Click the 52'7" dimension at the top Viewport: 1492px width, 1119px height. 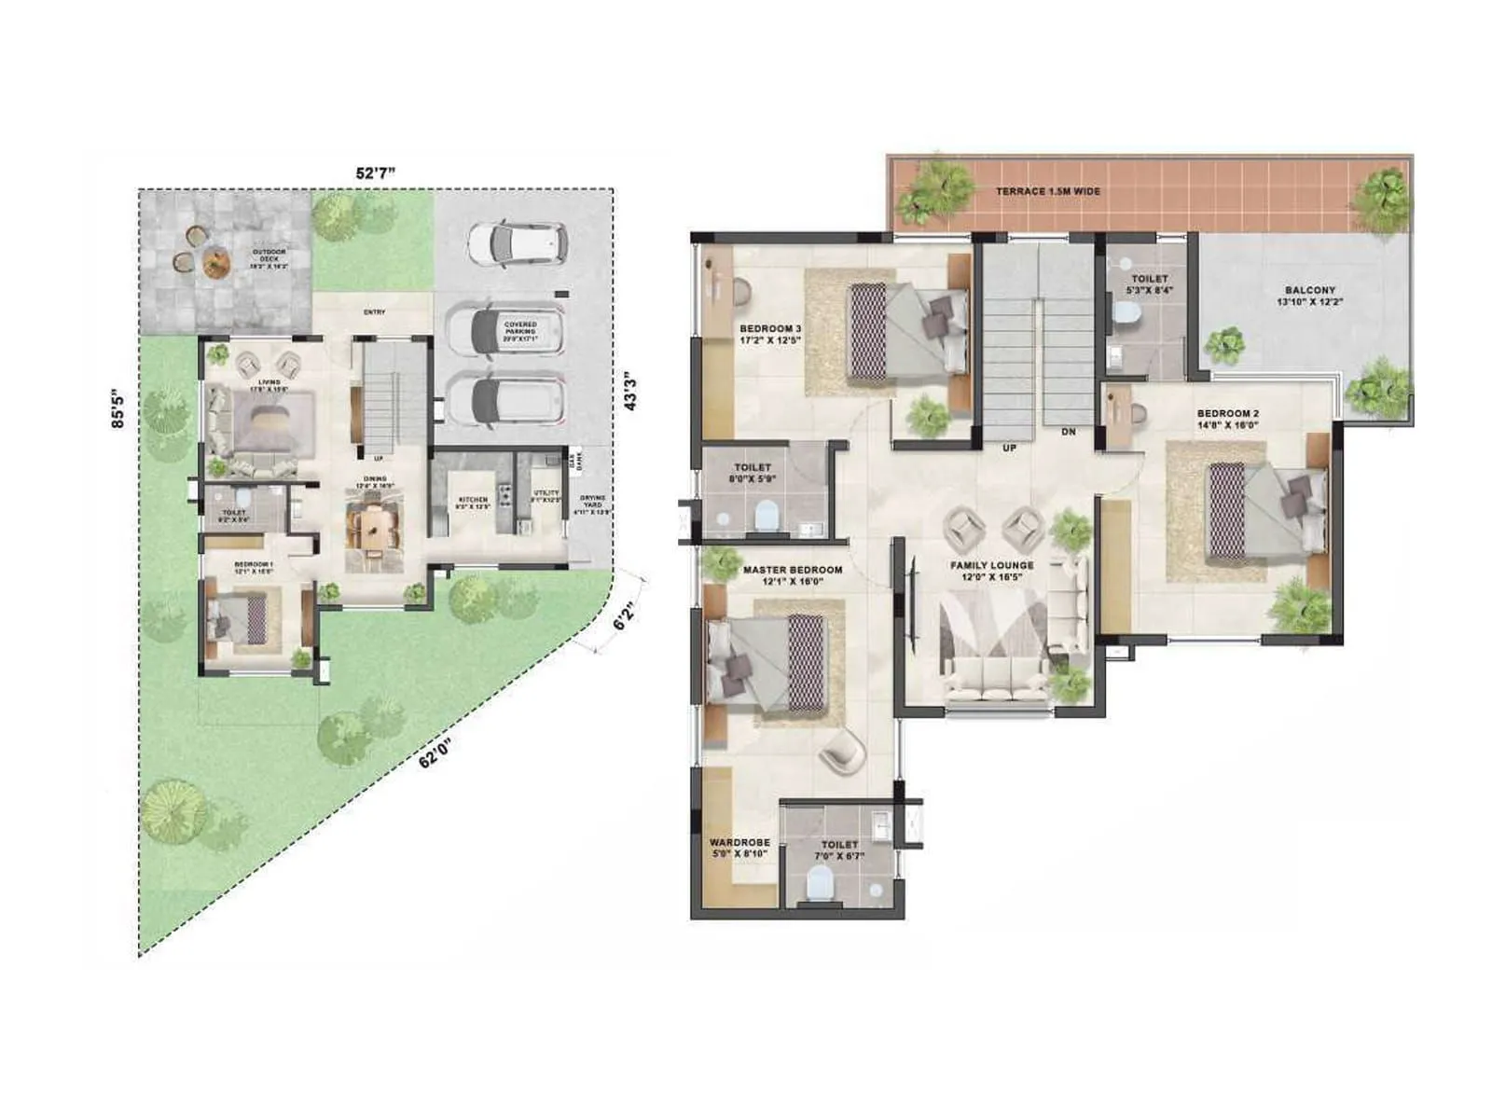[376, 173]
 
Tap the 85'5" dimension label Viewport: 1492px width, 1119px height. [117, 408]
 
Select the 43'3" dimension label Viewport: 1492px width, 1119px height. [631, 391]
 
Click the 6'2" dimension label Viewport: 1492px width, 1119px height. [624, 616]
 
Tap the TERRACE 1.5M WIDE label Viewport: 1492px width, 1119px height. [1047, 191]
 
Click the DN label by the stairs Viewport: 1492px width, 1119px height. [1068, 433]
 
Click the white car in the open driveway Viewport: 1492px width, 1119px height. [517, 244]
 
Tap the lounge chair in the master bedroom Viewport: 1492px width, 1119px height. [842, 749]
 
